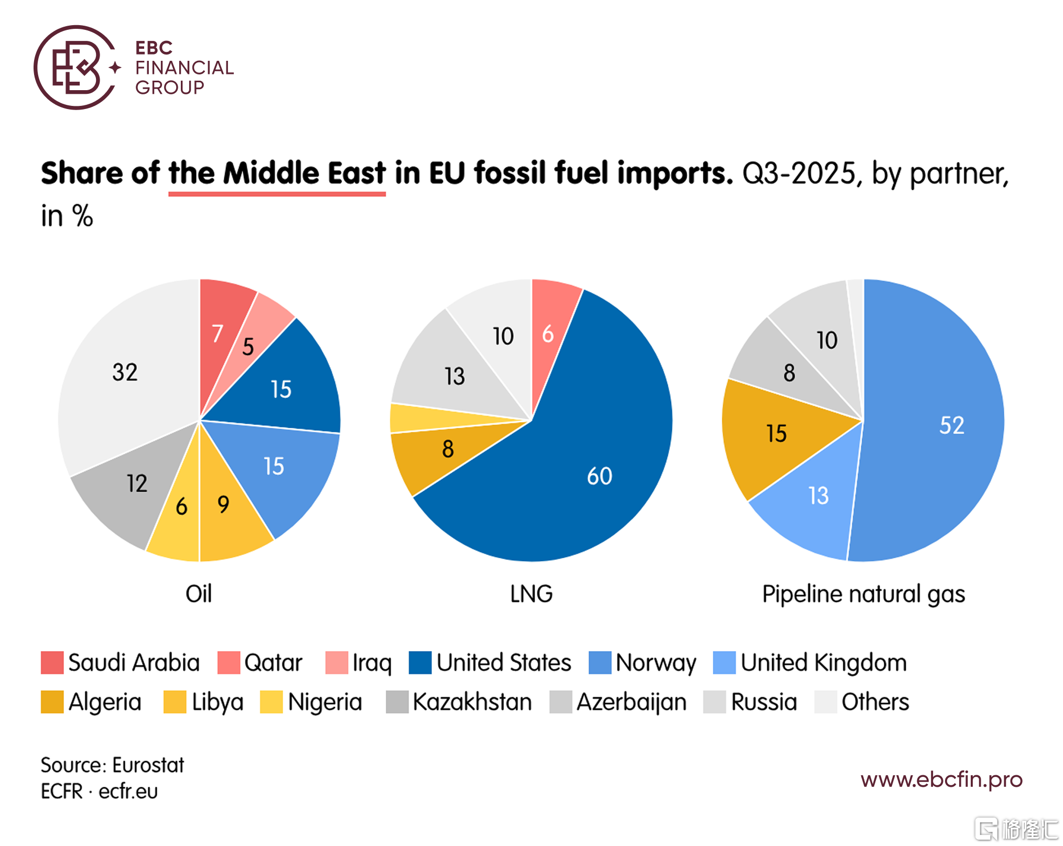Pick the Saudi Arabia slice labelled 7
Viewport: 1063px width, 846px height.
click(x=220, y=330)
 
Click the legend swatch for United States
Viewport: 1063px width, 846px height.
click(x=420, y=663)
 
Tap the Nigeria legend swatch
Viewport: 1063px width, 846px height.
click(x=271, y=702)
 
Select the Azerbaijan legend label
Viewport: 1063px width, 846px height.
click(x=632, y=702)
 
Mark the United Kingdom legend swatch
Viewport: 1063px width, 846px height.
click(x=724, y=663)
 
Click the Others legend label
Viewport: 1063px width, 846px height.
click(x=875, y=702)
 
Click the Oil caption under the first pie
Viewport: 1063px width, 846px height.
click(x=199, y=594)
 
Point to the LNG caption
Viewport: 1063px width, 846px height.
click(x=531, y=594)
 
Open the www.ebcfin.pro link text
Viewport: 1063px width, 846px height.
click(x=941, y=780)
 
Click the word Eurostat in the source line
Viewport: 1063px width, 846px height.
click(x=148, y=765)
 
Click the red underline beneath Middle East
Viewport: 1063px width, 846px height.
click(x=277, y=194)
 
